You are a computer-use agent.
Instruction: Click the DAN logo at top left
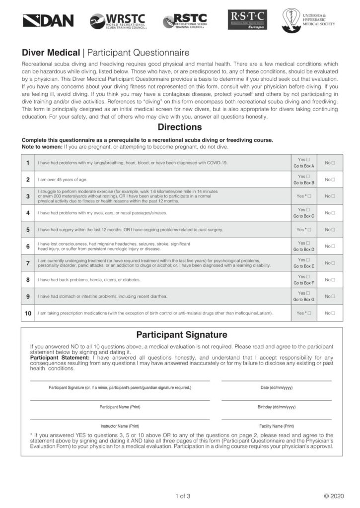[x=48, y=21]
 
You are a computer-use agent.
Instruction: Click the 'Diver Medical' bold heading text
[x=51, y=53]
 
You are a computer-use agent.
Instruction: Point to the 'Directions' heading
[x=180, y=127]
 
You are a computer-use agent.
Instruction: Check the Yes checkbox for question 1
[x=308, y=159]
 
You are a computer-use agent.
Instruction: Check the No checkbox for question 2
[x=333, y=180]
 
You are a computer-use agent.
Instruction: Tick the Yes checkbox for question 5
[x=309, y=230]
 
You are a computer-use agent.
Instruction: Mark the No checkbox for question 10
[x=333, y=313]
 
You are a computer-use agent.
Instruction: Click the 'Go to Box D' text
[x=303, y=250]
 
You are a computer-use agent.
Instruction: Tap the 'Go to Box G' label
[x=303, y=300]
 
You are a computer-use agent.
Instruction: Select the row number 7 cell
[x=28, y=263]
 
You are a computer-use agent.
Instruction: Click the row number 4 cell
[x=28, y=213]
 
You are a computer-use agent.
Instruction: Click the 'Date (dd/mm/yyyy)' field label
[x=277, y=387]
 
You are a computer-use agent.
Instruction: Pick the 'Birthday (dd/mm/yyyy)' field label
[x=277, y=407]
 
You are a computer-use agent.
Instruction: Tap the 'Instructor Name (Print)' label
[x=120, y=426]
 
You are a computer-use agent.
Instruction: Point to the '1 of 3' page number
[x=183, y=496]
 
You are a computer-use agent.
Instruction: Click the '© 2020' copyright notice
[x=333, y=496]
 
